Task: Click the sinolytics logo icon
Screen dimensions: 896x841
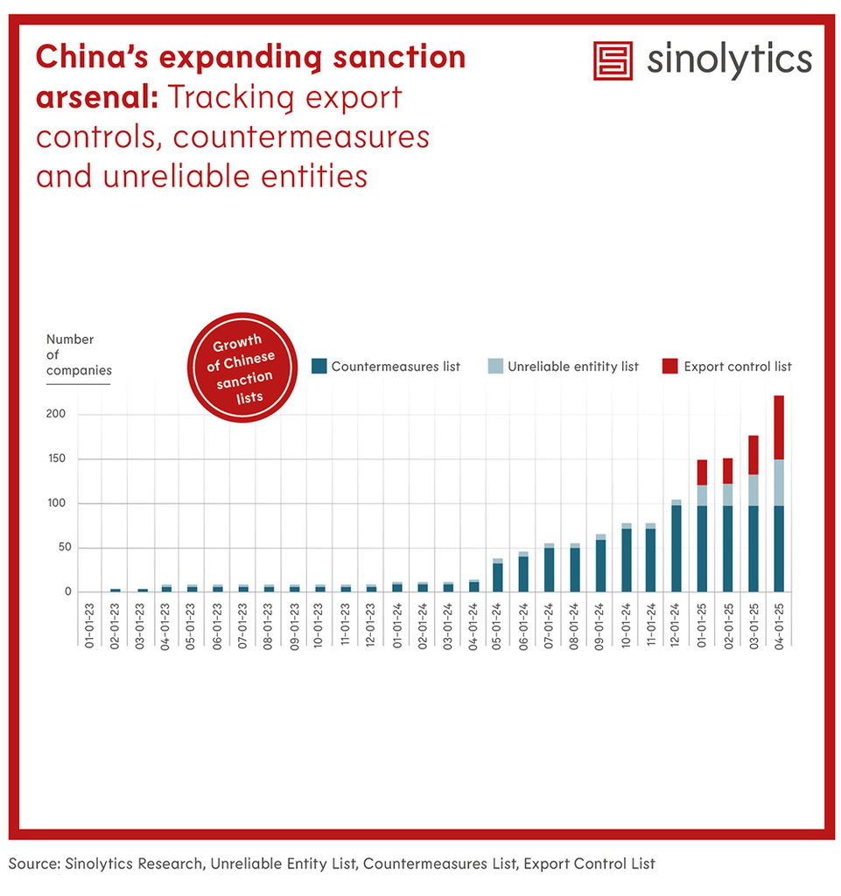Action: (x=613, y=60)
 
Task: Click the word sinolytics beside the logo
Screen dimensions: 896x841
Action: (x=730, y=59)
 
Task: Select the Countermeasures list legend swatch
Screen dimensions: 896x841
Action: (x=319, y=367)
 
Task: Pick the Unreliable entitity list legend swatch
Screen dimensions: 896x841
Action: (x=495, y=367)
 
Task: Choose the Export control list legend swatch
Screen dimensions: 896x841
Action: (x=670, y=367)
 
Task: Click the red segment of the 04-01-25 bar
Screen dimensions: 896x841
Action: (x=779, y=427)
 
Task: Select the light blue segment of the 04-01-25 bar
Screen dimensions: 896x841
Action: (x=779, y=482)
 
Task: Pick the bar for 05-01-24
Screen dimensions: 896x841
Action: (x=497, y=576)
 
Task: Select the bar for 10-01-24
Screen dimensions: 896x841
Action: (x=626, y=558)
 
